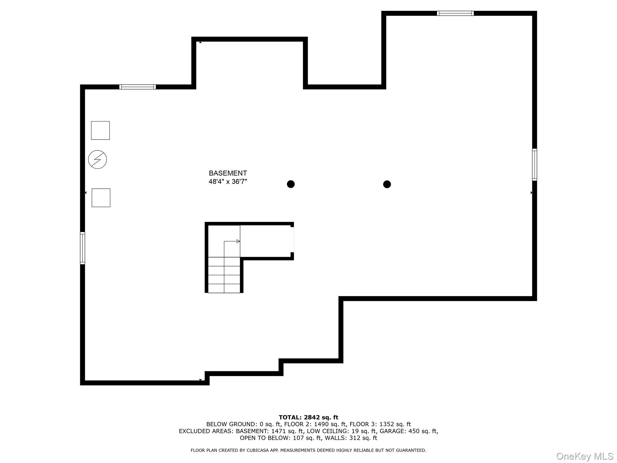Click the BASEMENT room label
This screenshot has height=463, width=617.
[228, 173]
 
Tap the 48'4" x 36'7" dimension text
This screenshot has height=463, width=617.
[228, 181]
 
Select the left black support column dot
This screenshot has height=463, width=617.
[290, 184]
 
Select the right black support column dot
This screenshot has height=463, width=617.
[387, 184]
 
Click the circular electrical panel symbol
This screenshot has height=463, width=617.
[97, 159]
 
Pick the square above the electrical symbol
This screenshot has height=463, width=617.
[100, 130]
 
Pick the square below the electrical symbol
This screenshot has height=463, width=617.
[101, 198]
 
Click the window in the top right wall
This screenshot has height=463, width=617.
[455, 13]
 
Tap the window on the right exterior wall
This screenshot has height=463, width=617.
[534, 165]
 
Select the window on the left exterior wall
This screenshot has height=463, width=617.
[82, 248]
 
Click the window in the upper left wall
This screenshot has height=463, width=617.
[137, 87]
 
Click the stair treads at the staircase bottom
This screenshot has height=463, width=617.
[224, 275]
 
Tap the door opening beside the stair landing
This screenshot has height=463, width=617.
[292, 239]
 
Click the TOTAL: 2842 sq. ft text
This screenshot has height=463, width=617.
[308, 417]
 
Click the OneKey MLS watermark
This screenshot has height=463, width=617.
[584, 456]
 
